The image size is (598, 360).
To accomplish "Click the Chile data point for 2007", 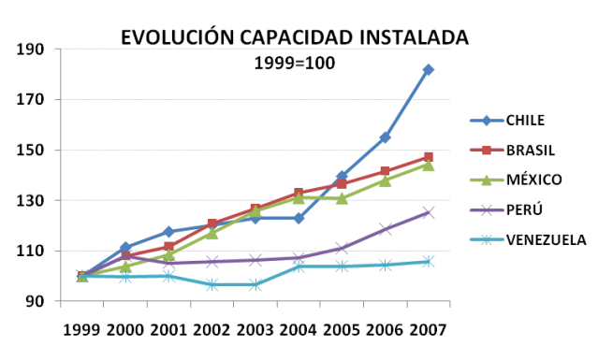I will tap(428, 69).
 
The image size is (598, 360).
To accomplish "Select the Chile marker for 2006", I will tap(385, 137).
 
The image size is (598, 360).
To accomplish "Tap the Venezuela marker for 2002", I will tap(212, 284).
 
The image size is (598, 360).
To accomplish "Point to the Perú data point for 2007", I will tap(428, 212).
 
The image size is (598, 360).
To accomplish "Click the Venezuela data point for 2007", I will tap(428, 262).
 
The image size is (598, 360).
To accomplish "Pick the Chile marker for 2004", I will tap(299, 218).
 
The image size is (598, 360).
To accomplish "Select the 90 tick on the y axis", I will tap(35, 301).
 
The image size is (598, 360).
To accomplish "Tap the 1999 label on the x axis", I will tap(81, 329).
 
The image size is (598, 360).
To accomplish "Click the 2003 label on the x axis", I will tap(255, 329).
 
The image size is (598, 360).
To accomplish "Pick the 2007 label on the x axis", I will tap(429, 329).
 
